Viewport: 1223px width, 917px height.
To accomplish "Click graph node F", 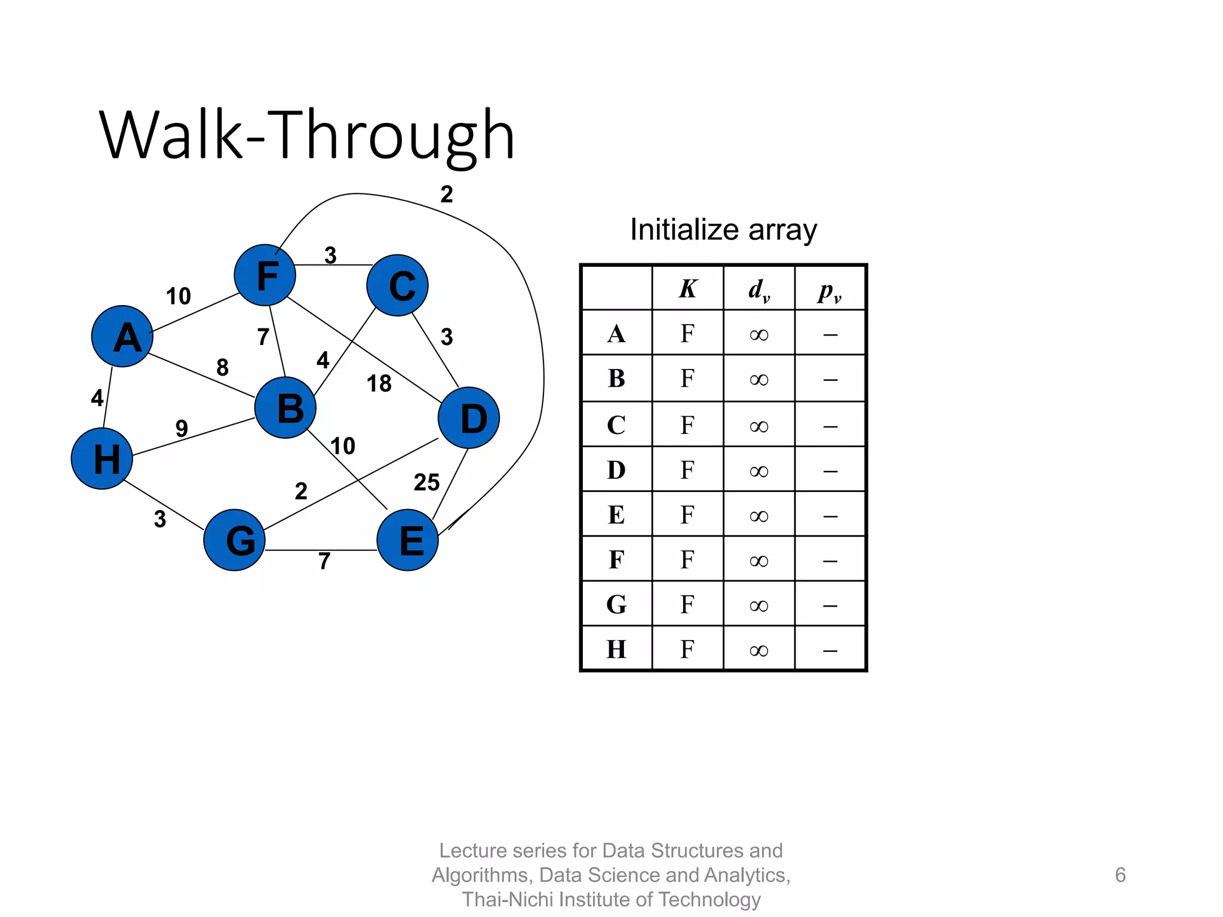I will tap(265, 275).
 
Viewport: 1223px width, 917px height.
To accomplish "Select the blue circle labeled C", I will tap(397, 285).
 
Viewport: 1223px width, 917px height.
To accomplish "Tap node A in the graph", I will tap(122, 336).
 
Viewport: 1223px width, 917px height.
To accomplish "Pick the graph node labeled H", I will tap(102, 458).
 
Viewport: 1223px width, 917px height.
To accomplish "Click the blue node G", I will tap(235, 540).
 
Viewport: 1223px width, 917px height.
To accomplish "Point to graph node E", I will tap(408, 540).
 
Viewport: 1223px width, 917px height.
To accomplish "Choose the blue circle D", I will tap(469, 418).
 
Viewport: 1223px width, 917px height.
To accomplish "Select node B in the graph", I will tap(285, 408).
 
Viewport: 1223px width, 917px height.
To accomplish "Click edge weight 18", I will tap(379, 383).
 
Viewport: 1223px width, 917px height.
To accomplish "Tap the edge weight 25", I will tap(426, 482).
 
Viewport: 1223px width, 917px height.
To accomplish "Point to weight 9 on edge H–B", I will tap(182, 428).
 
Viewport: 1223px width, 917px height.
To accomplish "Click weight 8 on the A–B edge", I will tap(222, 367).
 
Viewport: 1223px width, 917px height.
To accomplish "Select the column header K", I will tap(687, 289).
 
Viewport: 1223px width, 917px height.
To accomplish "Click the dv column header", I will tap(759, 290).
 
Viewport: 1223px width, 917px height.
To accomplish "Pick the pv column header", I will tap(830, 291).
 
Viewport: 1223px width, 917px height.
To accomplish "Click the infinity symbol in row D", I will tap(759, 472).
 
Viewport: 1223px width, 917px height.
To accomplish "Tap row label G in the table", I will tap(616, 605).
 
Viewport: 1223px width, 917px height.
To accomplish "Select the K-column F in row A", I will tap(687, 334).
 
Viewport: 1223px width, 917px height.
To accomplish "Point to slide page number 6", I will tap(1120, 875).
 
